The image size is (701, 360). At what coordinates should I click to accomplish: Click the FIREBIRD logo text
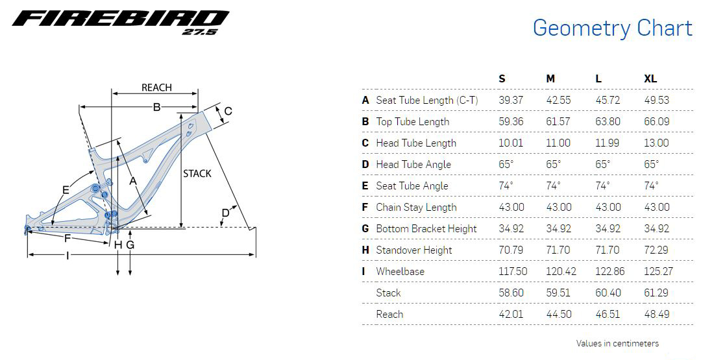[x=120, y=19]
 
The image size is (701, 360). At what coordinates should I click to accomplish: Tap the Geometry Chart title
[x=612, y=28]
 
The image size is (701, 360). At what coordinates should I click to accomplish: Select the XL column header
[x=650, y=78]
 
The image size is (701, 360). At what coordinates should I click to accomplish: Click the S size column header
[x=502, y=78]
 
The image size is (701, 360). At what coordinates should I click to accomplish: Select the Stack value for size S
[x=511, y=293]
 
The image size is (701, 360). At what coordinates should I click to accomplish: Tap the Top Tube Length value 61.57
[x=559, y=121]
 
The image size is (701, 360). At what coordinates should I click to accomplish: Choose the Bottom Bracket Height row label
[x=426, y=228]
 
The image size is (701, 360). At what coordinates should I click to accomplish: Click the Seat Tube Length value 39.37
[x=511, y=100]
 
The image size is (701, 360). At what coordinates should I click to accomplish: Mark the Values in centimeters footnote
[x=617, y=343]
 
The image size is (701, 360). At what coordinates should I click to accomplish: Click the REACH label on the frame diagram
[x=156, y=88]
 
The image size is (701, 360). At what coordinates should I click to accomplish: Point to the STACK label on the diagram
[x=197, y=173]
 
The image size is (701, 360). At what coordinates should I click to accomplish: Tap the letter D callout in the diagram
[x=225, y=213]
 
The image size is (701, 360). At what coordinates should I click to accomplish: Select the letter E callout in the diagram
[x=66, y=189]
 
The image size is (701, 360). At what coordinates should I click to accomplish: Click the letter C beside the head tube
[x=228, y=112]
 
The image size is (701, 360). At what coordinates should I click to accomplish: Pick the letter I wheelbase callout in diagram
[x=68, y=256]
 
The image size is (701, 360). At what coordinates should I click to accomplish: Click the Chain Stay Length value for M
[x=559, y=207]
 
